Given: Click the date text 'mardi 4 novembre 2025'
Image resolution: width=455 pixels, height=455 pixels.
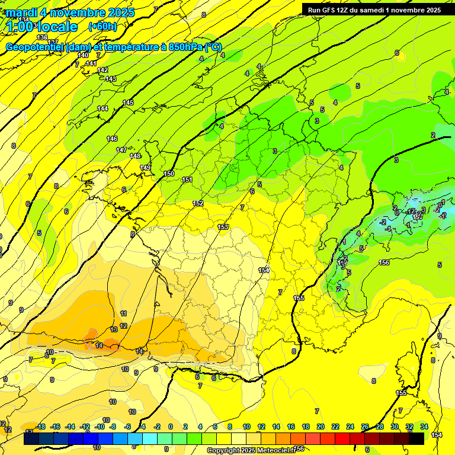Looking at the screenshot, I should click(x=70, y=12).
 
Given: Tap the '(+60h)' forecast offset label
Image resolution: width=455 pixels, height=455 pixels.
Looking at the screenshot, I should click(x=102, y=27).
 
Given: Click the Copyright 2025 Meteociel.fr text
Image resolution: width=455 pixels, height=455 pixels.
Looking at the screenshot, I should click(x=251, y=450).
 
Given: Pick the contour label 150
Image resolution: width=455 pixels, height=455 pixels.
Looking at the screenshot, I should click(x=169, y=174).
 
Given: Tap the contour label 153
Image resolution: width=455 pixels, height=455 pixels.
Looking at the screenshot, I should click(x=223, y=227).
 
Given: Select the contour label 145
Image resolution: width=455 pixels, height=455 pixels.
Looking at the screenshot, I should click(x=128, y=102).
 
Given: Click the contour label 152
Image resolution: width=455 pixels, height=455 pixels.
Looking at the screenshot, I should click(x=198, y=203).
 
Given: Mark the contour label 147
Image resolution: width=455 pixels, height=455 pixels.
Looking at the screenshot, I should click(x=122, y=150).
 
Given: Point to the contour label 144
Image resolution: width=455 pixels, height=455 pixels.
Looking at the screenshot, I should click(x=102, y=108).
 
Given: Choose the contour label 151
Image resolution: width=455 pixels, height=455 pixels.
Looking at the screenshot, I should click(x=187, y=180).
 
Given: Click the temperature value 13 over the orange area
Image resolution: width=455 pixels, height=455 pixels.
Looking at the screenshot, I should click(x=114, y=329).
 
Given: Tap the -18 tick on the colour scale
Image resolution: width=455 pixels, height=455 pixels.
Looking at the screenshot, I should click(x=41, y=427).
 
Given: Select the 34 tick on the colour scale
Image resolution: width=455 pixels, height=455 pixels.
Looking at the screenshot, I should click(x=424, y=427).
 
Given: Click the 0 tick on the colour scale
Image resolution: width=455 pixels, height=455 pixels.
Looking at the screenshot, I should click(x=171, y=427).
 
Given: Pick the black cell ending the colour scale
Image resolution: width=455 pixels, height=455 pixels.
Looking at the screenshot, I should click(x=416, y=438).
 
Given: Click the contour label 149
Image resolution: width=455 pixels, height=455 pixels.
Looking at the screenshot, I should click(x=145, y=168).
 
